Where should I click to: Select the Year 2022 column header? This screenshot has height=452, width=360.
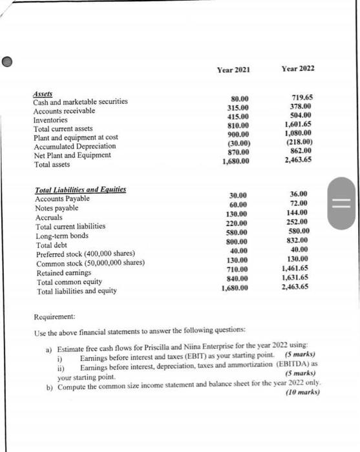tap(299, 69)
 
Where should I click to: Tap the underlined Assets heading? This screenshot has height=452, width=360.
tap(42, 93)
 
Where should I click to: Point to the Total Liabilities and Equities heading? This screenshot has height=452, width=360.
tap(80, 190)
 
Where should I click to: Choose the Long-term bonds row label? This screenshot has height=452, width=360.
tap(62, 236)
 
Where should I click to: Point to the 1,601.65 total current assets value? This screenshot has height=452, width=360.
tap(298, 123)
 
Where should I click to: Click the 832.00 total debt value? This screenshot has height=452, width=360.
tap(299, 240)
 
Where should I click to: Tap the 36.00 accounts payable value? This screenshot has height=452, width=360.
tap(299, 193)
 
